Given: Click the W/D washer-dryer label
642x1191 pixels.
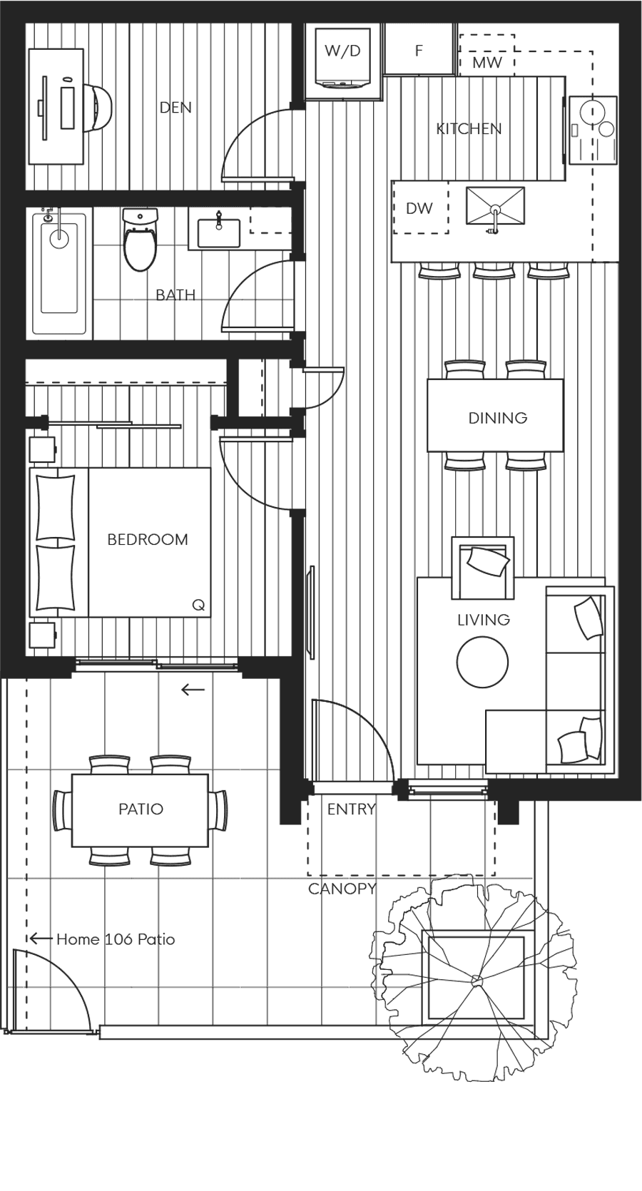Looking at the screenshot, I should point(342,51).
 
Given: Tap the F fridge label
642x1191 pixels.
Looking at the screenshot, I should point(419,51).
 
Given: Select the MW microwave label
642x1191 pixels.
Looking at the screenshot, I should point(487,63).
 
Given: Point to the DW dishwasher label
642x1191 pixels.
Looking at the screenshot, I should point(419,208).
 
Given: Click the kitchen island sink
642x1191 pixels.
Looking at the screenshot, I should point(495,207).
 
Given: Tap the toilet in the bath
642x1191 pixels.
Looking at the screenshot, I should point(139,240).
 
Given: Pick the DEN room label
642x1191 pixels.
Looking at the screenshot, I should point(175,108).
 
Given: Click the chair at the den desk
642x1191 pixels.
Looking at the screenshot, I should point(100,108).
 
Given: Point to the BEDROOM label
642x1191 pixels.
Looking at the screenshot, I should point(148,539).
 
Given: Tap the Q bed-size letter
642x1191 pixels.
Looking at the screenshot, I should point(198,605).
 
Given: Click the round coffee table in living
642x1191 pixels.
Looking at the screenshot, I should point(483,662).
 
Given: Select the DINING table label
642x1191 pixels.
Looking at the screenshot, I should point(497,418).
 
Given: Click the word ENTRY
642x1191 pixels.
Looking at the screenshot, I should point(351,809).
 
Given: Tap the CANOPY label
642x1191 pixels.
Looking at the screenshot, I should point(342,889).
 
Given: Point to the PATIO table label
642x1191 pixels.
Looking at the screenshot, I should point(141,809).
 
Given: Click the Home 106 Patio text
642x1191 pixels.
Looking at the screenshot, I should point(116,939).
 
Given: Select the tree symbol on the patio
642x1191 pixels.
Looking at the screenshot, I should point(474,981).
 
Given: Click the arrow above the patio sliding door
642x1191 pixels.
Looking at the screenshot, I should point(193,690).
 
